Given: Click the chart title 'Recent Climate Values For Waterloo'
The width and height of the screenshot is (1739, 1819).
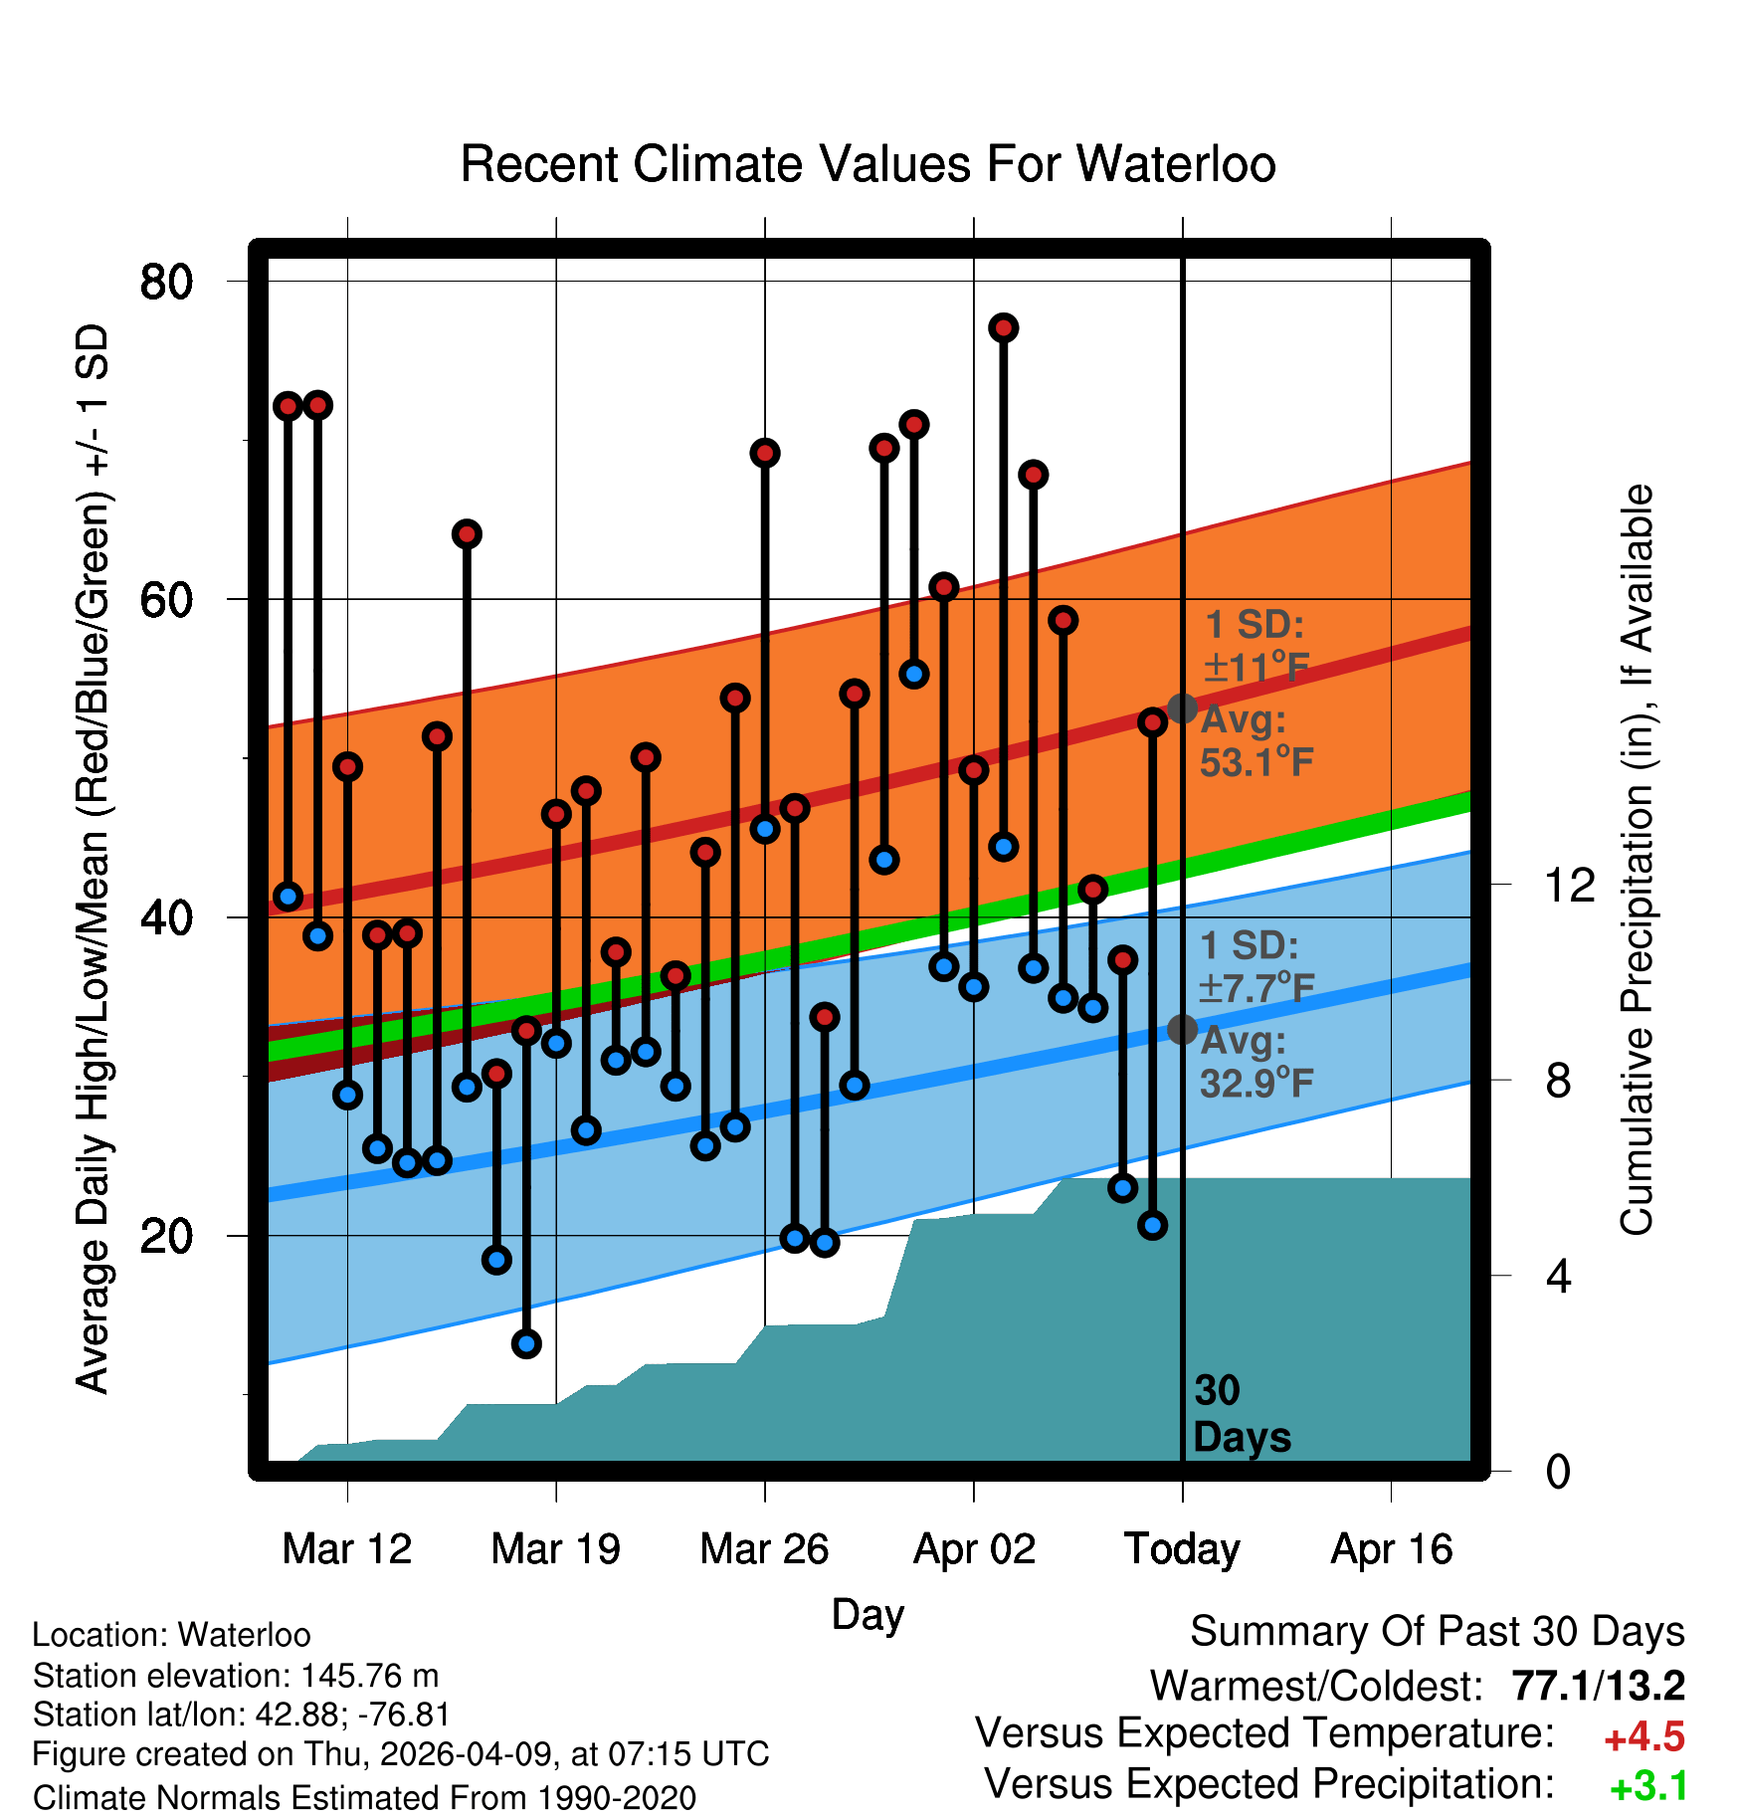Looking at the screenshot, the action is coord(868,164).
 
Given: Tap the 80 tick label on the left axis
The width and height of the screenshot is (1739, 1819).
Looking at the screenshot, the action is coord(166,282).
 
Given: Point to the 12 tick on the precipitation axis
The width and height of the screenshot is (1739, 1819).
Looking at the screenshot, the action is coord(1570,885).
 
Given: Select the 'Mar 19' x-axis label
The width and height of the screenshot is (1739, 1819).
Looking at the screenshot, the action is coord(555,1549).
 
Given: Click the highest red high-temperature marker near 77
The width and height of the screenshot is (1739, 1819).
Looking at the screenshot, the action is coord(1003,327).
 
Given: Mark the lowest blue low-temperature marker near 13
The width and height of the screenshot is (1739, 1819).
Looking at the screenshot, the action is coord(526,1343).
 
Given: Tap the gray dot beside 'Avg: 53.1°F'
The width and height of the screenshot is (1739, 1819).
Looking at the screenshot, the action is coord(1182,708).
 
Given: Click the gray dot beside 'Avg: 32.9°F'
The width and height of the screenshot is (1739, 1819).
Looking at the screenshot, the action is coord(1182,1029).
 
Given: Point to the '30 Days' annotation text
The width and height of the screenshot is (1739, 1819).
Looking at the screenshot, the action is coord(1242,1414).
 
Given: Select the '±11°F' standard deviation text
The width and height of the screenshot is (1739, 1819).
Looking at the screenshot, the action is coord(1256,668).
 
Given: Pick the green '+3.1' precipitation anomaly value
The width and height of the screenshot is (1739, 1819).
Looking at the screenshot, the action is coord(1648,1787).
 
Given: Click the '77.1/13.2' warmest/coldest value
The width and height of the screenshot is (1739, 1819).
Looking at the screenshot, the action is coord(1599,1686).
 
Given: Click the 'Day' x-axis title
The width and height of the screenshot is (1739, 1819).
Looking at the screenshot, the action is coord(868,1615).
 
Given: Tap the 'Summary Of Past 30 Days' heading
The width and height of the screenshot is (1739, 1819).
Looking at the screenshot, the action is coord(1438,1632).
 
